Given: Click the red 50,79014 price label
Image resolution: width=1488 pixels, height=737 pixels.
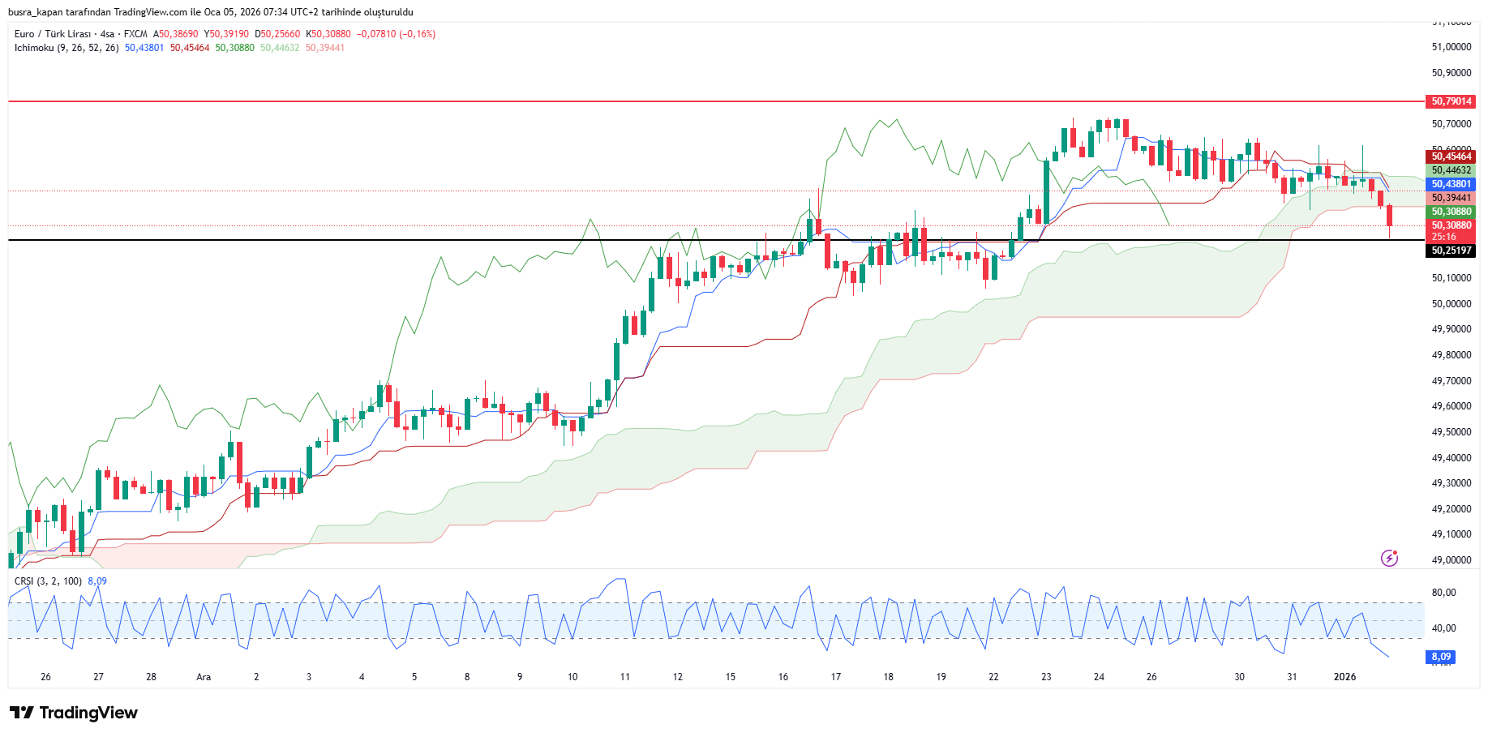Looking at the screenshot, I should (x=1450, y=101).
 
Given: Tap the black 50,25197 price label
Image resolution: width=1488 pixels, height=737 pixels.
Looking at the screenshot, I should (x=1450, y=251).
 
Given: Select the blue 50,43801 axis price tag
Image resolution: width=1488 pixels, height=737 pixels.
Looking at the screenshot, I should (x=1450, y=184).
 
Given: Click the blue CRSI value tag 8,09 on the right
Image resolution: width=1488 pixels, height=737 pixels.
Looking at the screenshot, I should (x=1440, y=657).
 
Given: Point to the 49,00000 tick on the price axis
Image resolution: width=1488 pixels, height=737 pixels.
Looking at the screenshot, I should (x=1451, y=560).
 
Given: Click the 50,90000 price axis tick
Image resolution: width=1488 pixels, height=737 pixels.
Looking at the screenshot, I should (x=1451, y=73).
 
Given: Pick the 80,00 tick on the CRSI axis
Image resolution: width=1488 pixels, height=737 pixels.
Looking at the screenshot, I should (x=1443, y=593).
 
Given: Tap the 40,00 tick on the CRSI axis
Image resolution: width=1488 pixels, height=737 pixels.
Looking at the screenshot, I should (x=1443, y=628).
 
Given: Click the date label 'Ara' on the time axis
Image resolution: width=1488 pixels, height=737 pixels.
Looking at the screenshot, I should (x=204, y=677).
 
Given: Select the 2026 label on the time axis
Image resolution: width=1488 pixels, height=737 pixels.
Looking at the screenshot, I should (x=1344, y=677).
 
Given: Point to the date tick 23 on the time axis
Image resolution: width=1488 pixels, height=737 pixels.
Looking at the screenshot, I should (x=1046, y=677).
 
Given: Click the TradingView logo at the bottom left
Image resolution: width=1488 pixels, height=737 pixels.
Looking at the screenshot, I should (x=74, y=713).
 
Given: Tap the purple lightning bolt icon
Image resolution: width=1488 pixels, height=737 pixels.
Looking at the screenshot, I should (x=1389, y=558).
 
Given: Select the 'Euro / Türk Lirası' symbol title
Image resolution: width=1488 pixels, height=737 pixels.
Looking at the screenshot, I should (x=52, y=34).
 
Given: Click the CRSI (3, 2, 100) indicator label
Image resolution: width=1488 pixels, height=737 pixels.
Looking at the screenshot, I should (x=48, y=581).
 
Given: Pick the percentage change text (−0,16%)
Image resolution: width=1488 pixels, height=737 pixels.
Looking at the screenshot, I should (x=417, y=34).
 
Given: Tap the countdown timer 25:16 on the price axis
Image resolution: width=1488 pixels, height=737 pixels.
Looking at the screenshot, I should (x=1443, y=237).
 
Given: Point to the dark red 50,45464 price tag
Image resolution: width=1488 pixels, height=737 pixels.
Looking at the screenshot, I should (x=1450, y=156).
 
